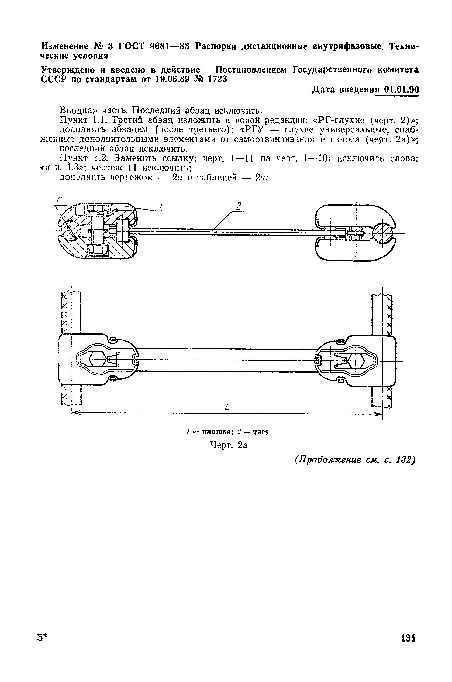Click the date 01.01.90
(401, 90)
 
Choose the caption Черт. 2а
(228, 445)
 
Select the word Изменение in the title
(65, 46)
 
